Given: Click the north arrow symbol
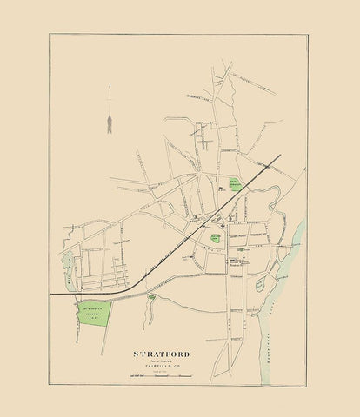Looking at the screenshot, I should pyautogui.click(x=110, y=108).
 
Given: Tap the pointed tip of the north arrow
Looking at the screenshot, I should pyautogui.click(x=110, y=85).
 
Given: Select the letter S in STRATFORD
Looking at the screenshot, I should pyautogui.click(x=136, y=354).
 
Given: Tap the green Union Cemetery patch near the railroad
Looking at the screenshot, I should pyautogui.click(x=235, y=184).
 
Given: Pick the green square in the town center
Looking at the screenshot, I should pyautogui.click(x=216, y=237).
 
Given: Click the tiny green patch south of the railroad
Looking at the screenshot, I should pyautogui.click(x=153, y=298).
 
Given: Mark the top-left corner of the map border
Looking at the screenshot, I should pyautogui.click(x=50, y=35).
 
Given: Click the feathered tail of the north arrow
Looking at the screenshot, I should pyautogui.click(x=110, y=127).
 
